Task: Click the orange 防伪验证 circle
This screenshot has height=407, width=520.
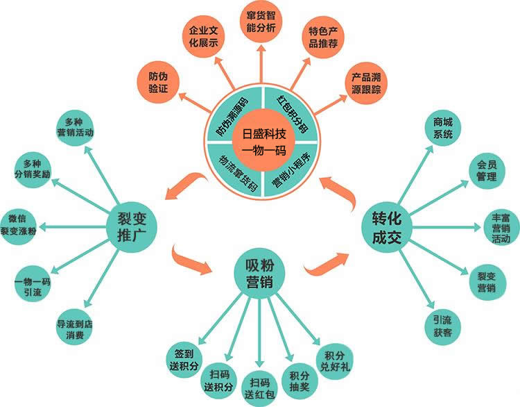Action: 158,83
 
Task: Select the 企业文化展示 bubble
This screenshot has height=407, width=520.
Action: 203,37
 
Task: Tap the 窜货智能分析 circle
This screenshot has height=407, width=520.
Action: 261,22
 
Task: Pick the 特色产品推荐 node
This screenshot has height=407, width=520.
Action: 322,38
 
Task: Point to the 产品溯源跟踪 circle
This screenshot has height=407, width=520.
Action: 366,83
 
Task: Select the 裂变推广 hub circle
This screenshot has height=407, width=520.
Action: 132,227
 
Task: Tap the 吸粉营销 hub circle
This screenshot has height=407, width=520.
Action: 260,274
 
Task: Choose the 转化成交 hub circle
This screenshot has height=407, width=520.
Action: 386,227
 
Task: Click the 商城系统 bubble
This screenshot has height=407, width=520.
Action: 443,128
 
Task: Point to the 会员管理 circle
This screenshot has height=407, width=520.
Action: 487,170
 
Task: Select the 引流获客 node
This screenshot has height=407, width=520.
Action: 443,326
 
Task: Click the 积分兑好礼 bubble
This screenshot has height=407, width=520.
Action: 335,361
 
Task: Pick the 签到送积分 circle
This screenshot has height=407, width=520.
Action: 184,360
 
